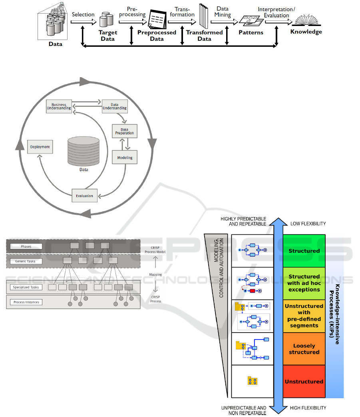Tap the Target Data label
pos(107,36)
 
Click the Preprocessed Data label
pos(157,36)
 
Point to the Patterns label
pos(251,32)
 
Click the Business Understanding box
pos(59,106)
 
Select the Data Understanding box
pos(114,106)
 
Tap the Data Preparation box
pos(124,132)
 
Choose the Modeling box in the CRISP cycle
pos(125,158)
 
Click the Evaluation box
pos(84,196)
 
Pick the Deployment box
pos(40,147)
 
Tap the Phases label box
pos(26,246)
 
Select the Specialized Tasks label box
pos(26,287)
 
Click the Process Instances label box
pos(26,302)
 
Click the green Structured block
pos(304,251)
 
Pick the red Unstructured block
pos(304,381)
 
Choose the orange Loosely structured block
pos(304,349)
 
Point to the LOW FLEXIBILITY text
pos(308,224)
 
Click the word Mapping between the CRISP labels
pos(155,275)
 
